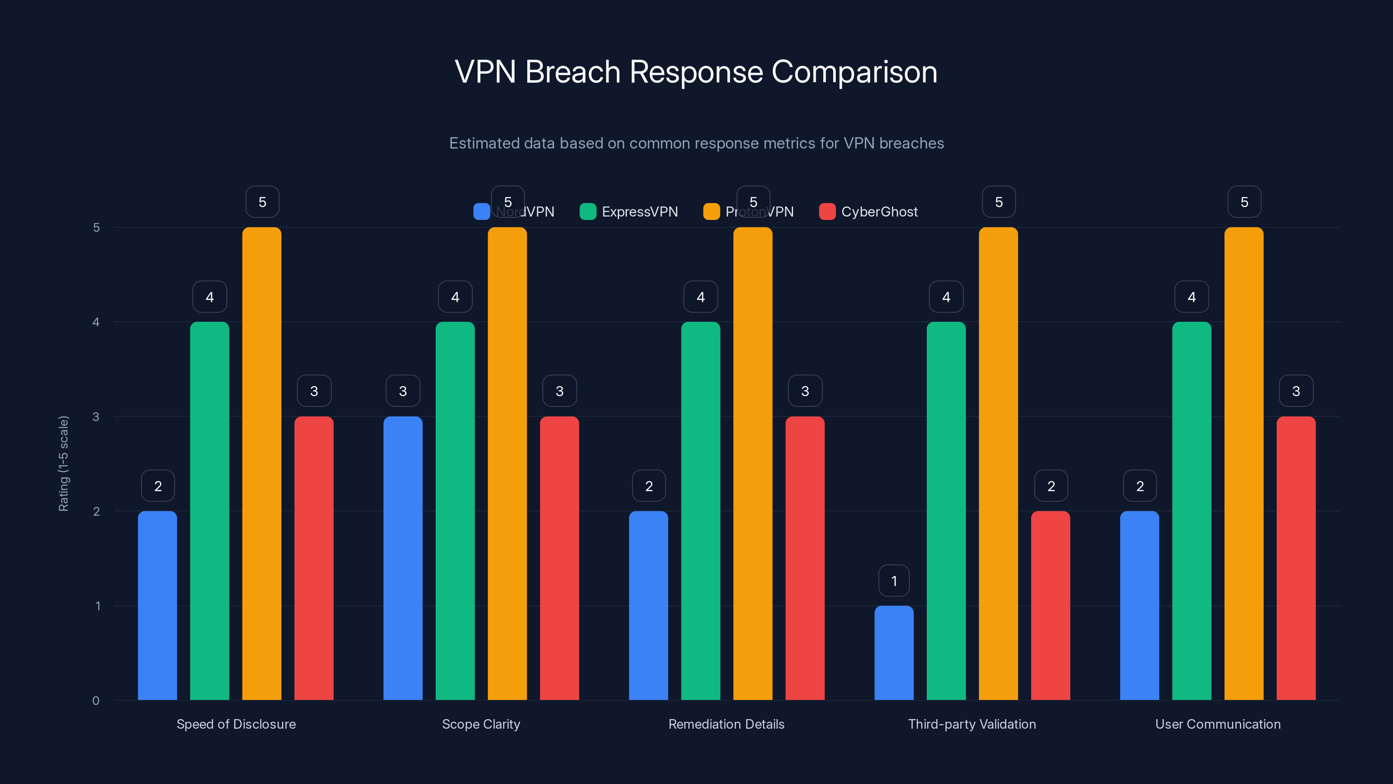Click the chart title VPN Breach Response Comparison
coord(696,71)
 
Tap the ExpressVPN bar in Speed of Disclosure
coord(209,511)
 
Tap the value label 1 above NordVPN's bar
coord(894,581)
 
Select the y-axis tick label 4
coord(96,322)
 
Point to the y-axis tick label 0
coord(96,701)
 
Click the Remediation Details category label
coord(726,724)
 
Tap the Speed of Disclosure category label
coord(236,724)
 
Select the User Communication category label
coord(1218,724)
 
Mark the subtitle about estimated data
coord(696,143)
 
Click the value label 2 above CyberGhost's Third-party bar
coord(1051,486)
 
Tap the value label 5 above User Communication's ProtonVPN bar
coord(1244,202)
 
